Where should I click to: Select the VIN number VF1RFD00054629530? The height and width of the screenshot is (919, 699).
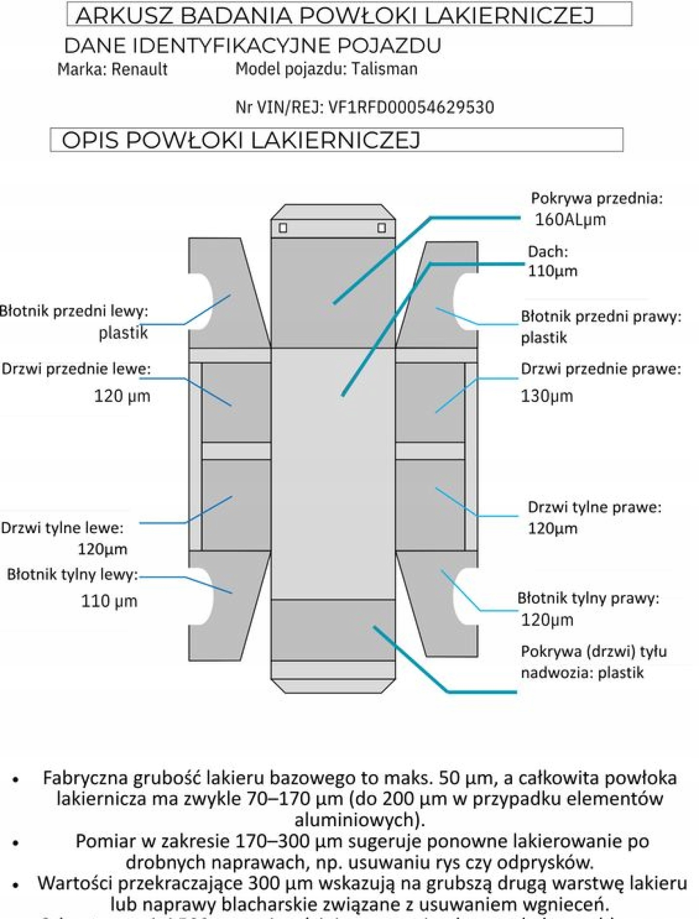[411, 107]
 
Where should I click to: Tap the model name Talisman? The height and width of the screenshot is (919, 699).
[384, 69]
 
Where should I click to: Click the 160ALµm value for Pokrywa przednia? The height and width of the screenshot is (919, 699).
[570, 220]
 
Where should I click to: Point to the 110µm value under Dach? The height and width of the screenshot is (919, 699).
[552, 271]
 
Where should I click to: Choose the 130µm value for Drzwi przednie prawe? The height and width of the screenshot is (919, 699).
[547, 396]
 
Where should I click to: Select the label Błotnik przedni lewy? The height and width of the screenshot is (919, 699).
[74, 311]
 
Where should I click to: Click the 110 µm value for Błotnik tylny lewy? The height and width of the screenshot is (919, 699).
[109, 602]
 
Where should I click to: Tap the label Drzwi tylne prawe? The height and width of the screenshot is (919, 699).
[594, 507]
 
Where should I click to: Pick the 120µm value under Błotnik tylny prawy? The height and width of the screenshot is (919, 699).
[547, 620]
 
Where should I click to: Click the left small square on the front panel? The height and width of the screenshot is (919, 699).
[283, 228]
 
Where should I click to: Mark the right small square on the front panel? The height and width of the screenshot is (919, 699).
[382, 228]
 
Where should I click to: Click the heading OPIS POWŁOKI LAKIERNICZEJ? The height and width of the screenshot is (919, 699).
[241, 140]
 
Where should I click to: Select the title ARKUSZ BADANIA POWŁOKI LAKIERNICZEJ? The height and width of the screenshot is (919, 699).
[335, 15]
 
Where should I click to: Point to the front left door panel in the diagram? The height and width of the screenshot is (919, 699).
[236, 402]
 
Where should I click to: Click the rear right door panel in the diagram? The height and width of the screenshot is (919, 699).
[430, 505]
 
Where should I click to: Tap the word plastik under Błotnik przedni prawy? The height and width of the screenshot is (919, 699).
[544, 338]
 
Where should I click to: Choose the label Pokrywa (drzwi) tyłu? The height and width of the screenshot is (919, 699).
[594, 652]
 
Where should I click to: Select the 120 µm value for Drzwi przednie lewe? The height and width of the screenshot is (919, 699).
[122, 396]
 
